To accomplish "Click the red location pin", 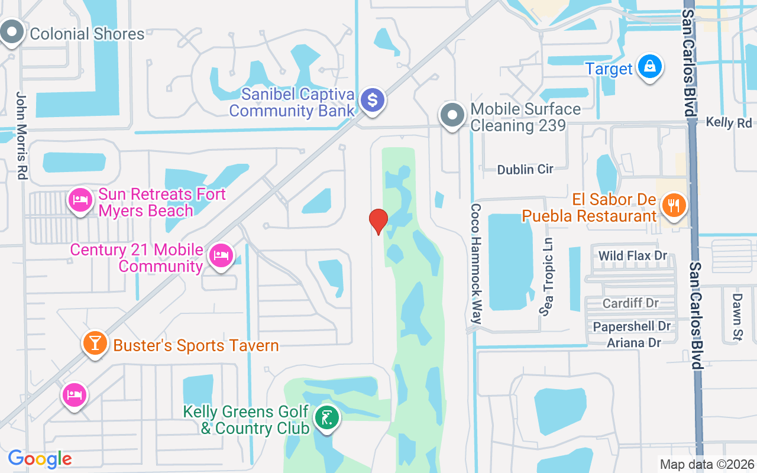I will click(x=378, y=221).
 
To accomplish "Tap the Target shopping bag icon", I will click(x=649, y=67).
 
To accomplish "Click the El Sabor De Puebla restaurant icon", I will click(x=673, y=206).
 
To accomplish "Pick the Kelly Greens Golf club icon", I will click(x=326, y=419).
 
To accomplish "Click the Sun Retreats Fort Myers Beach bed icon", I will click(x=80, y=200).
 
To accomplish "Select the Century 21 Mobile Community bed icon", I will click(x=221, y=256).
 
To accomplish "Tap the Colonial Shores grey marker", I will click(x=11, y=33).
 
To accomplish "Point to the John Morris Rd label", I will click(x=22, y=135).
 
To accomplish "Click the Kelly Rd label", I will click(x=729, y=122).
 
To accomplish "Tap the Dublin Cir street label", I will click(x=525, y=170).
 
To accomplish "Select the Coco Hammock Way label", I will click(x=476, y=264).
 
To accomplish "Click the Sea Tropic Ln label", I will click(x=547, y=277).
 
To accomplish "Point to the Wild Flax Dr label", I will click(x=633, y=256).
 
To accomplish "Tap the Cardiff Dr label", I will click(x=630, y=303).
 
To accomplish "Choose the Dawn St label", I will click(x=737, y=309).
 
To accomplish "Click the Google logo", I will click(x=40, y=459).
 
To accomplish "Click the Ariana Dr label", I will click(x=633, y=342).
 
